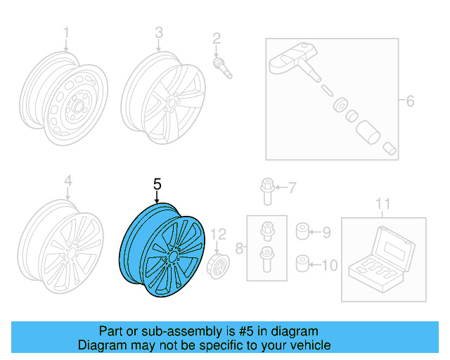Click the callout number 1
(67, 32)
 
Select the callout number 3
(159, 32)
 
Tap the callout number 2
(217, 38)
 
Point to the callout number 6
(410, 101)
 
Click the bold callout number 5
(157, 184)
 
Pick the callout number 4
(68, 182)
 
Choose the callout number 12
(219, 233)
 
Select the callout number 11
(382, 205)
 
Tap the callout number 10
(329, 265)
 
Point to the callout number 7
(292, 187)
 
